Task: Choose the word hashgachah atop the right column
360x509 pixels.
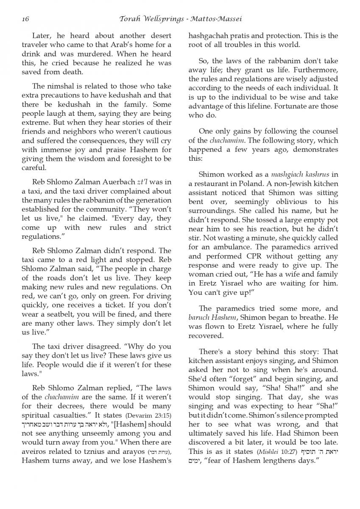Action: point(211,36)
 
